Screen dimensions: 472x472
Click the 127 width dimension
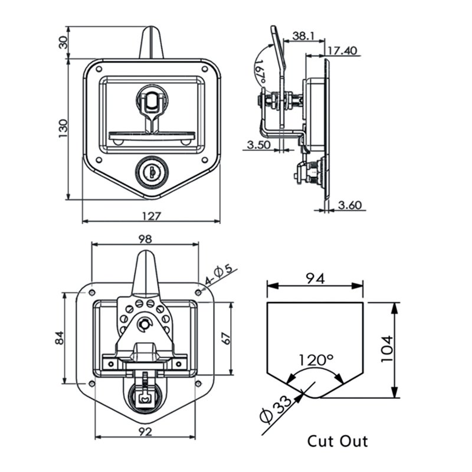151,216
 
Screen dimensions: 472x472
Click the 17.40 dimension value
343,51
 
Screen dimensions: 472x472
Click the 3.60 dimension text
350,205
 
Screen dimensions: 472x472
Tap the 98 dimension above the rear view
145,239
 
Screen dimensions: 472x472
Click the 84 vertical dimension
58,338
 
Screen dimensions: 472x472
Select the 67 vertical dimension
224,338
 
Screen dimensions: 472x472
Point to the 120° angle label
316,359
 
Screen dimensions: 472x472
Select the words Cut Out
337,441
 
